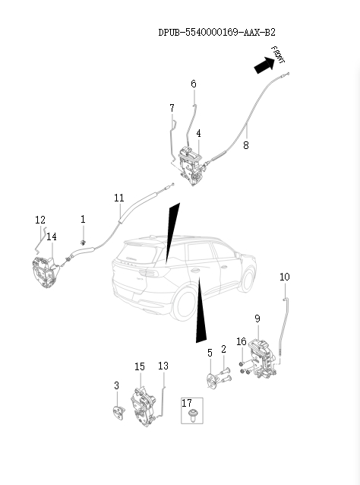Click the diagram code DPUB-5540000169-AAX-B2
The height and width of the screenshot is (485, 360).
216,33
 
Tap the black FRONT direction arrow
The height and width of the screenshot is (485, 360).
264,65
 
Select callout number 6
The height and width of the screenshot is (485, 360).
194,84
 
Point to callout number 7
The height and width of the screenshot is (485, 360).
172,108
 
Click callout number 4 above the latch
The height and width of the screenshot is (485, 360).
198,134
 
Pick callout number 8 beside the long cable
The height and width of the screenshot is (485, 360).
246,145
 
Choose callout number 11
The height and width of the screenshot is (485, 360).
119,198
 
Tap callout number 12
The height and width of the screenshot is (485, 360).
40,220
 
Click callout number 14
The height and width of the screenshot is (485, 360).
52,237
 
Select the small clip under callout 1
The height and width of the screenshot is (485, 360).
83,242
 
